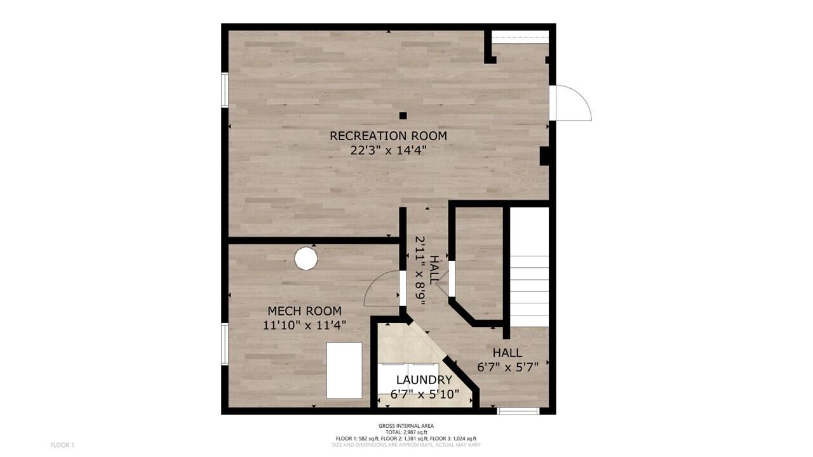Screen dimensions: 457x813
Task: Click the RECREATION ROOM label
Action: click(388, 136)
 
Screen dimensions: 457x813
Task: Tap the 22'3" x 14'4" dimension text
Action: click(388, 151)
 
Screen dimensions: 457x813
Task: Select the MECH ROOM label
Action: click(304, 311)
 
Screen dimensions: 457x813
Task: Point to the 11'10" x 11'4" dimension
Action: click(304, 326)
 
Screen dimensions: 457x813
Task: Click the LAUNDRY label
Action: click(424, 380)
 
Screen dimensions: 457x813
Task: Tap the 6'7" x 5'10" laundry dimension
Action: click(424, 394)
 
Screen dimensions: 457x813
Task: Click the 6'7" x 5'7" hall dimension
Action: click(507, 367)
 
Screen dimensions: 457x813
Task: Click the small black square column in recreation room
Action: click(403, 116)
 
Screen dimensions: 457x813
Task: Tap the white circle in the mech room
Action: click(306, 258)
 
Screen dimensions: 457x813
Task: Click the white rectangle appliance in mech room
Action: click(344, 370)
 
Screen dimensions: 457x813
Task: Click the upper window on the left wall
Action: click(224, 89)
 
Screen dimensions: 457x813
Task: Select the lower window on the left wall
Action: click(224, 343)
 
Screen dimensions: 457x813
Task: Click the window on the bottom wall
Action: click(518, 411)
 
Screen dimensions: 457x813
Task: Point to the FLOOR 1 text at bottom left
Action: click(62, 445)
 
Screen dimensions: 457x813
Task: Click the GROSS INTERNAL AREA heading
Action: click(406, 426)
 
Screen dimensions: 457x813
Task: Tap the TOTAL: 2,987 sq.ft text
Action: click(406, 432)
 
